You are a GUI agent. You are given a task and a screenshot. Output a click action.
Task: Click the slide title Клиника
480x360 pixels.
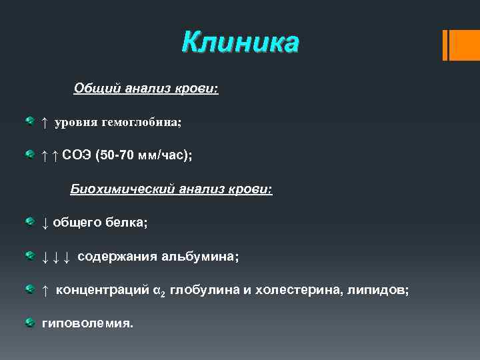pos(241,43)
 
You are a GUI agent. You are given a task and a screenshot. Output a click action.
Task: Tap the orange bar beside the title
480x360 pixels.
pos(457,45)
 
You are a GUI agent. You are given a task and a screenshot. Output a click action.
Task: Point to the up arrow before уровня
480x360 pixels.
pos(44,122)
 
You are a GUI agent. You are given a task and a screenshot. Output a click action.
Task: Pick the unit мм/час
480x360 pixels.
pos(165,155)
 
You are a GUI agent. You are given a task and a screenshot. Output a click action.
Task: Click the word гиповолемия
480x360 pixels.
pos(87,323)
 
